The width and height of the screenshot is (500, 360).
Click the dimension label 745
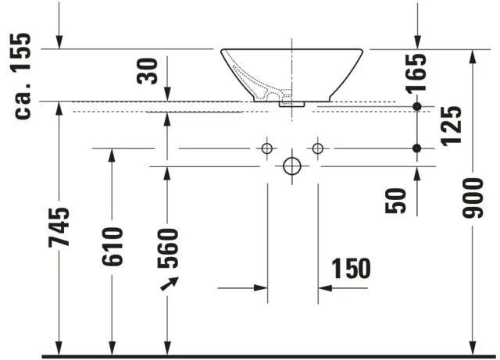tap(59, 227)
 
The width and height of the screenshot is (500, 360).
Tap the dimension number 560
tap(166, 248)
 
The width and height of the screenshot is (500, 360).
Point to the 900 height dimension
tap(473, 198)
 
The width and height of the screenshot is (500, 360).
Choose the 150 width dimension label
tap(350, 269)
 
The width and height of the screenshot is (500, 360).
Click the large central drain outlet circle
tap(291, 166)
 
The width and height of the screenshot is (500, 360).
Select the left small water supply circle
tap(266, 148)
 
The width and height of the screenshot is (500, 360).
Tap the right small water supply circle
tap(317, 148)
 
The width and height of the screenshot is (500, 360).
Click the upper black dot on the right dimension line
tap(417, 106)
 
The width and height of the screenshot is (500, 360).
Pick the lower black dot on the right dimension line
tap(417, 148)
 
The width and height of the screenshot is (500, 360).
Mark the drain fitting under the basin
tap(292, 102)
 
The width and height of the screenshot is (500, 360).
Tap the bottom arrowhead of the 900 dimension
tap(473, 347)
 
